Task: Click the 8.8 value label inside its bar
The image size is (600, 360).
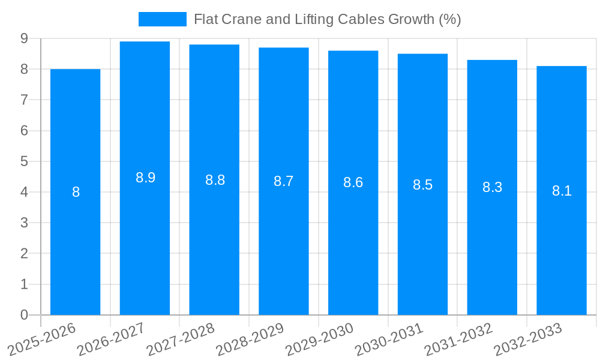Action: tap(215, 180)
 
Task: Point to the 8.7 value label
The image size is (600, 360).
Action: tap(283, 181)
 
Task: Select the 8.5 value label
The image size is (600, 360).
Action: tap(422, 185)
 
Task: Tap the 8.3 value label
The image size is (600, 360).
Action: tap(492, 187)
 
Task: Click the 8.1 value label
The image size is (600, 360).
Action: tap(562, 191)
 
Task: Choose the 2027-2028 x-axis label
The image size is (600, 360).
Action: tap(181, 339)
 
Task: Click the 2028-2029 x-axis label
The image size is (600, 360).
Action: tap(250, 339)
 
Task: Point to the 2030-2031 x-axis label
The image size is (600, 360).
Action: tap(389, 339)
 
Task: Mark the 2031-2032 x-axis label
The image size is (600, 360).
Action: tap(459, 339)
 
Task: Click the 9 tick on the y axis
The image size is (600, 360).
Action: tap(24, 38)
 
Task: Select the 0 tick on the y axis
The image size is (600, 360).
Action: tap(24, 315)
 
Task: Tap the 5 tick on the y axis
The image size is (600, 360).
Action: tap(24, 161)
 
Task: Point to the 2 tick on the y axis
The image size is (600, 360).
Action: tap(24, 254)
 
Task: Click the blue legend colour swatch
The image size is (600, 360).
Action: tap(162, 19)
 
